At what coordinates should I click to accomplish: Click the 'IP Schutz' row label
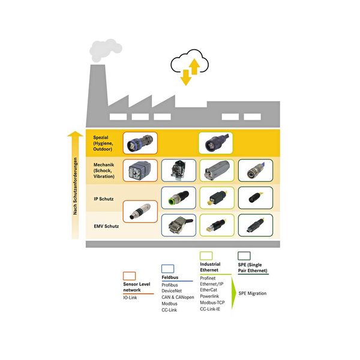click(104, 199)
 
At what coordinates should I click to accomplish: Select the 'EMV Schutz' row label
click(106, 226)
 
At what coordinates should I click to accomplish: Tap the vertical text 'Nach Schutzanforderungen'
click(75, 186)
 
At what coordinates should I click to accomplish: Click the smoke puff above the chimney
click(105, 50)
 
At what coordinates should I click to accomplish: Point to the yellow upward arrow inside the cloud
click(194, 67)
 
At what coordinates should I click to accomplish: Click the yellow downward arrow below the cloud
click(186, 77)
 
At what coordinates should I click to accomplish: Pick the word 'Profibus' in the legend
click(170, 285)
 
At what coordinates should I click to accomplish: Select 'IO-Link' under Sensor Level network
click(130, 298)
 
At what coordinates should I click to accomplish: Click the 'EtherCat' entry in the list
click(208, 290)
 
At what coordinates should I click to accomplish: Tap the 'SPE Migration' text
click(253, 293)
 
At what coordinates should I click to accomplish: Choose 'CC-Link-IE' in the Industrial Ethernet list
click(210, 309)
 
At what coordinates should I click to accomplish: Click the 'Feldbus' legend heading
click(170, 277)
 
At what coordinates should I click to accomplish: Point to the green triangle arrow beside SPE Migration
click(233, 293)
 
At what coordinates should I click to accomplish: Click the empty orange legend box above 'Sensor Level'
click(129, 276)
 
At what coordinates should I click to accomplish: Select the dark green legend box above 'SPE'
click(244, 256)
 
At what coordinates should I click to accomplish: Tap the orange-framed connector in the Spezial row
click(140, 143)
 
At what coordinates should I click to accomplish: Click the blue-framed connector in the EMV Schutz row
click(179, 225)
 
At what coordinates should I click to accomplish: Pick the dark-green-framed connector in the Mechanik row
click(256, 170)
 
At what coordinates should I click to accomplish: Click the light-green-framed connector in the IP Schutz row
click(217, 198)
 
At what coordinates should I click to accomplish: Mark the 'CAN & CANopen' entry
click(178, 298)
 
